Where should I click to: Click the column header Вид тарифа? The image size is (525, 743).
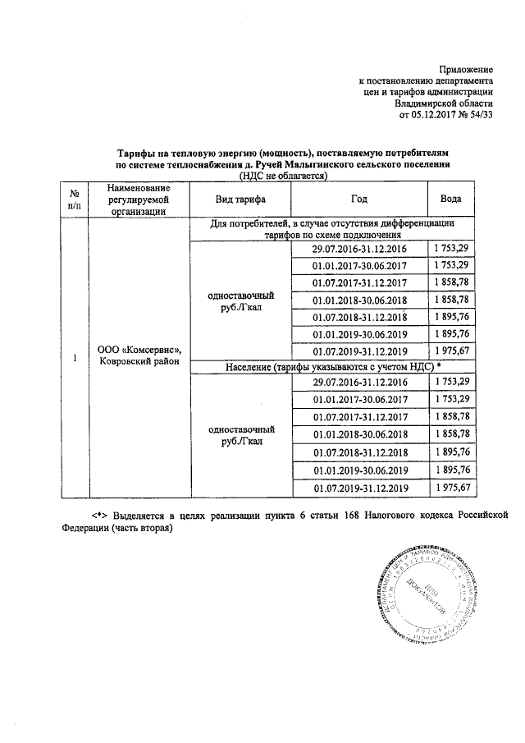[240, 200]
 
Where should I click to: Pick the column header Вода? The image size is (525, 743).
[450, 200]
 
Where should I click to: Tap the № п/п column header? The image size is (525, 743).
[75, 200]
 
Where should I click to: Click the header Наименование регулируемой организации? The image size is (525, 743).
[137, 200]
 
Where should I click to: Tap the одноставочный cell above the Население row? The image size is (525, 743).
[240, 301]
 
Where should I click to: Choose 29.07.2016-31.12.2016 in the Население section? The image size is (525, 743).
[359, 383]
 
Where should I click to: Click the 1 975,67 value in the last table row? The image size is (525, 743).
[450, 488]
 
